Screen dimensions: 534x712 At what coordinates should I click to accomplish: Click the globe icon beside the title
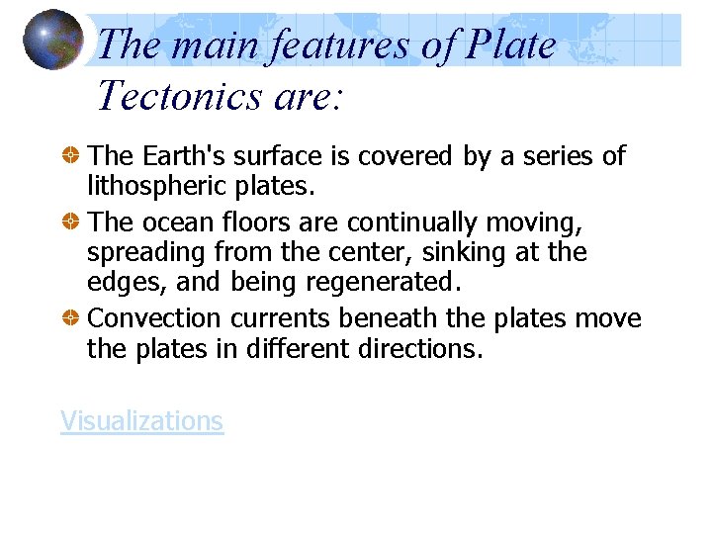pyautogui.click(x=52, y=40)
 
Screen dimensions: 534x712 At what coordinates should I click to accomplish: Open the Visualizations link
pyautogui.click(x=141, y=420)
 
